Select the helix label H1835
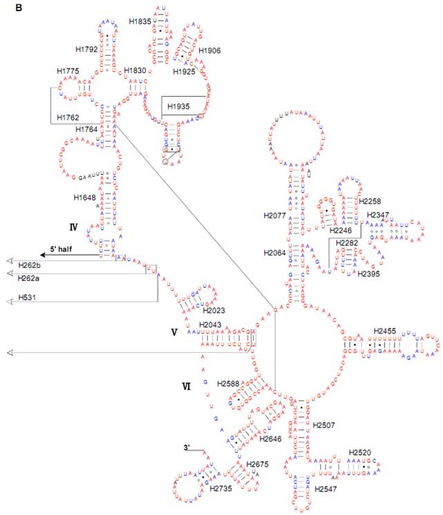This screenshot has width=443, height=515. [x=140, y=21]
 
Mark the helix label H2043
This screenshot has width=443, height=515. [x=211, y=324]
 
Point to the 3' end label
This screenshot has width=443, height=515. [x=187, y=447]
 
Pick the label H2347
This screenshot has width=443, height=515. [x=377, y=215]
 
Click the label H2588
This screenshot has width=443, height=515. [x=229, y=383]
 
